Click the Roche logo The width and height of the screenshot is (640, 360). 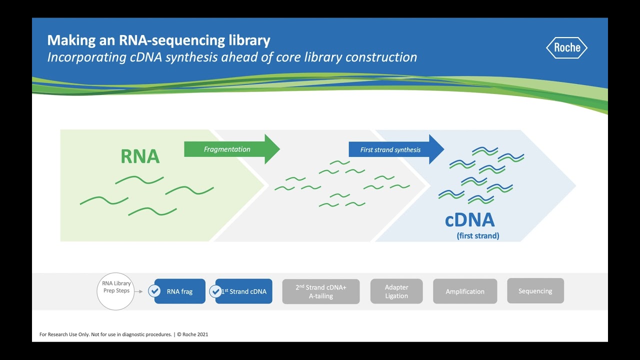[566, 47]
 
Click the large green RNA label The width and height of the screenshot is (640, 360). [140, 156]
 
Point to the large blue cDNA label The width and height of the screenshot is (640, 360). [469, 220]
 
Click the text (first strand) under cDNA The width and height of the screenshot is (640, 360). [477, 236]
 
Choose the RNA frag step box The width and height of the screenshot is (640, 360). [180, 291]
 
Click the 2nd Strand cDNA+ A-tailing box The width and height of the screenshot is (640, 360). [320, 291]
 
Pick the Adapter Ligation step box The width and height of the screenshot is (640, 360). [396, 291]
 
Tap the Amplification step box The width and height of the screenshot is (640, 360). [465, 291]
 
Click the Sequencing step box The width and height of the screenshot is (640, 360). [535, 291]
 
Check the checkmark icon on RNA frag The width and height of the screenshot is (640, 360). [154, 291]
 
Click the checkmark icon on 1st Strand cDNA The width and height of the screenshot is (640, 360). [215, 291]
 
